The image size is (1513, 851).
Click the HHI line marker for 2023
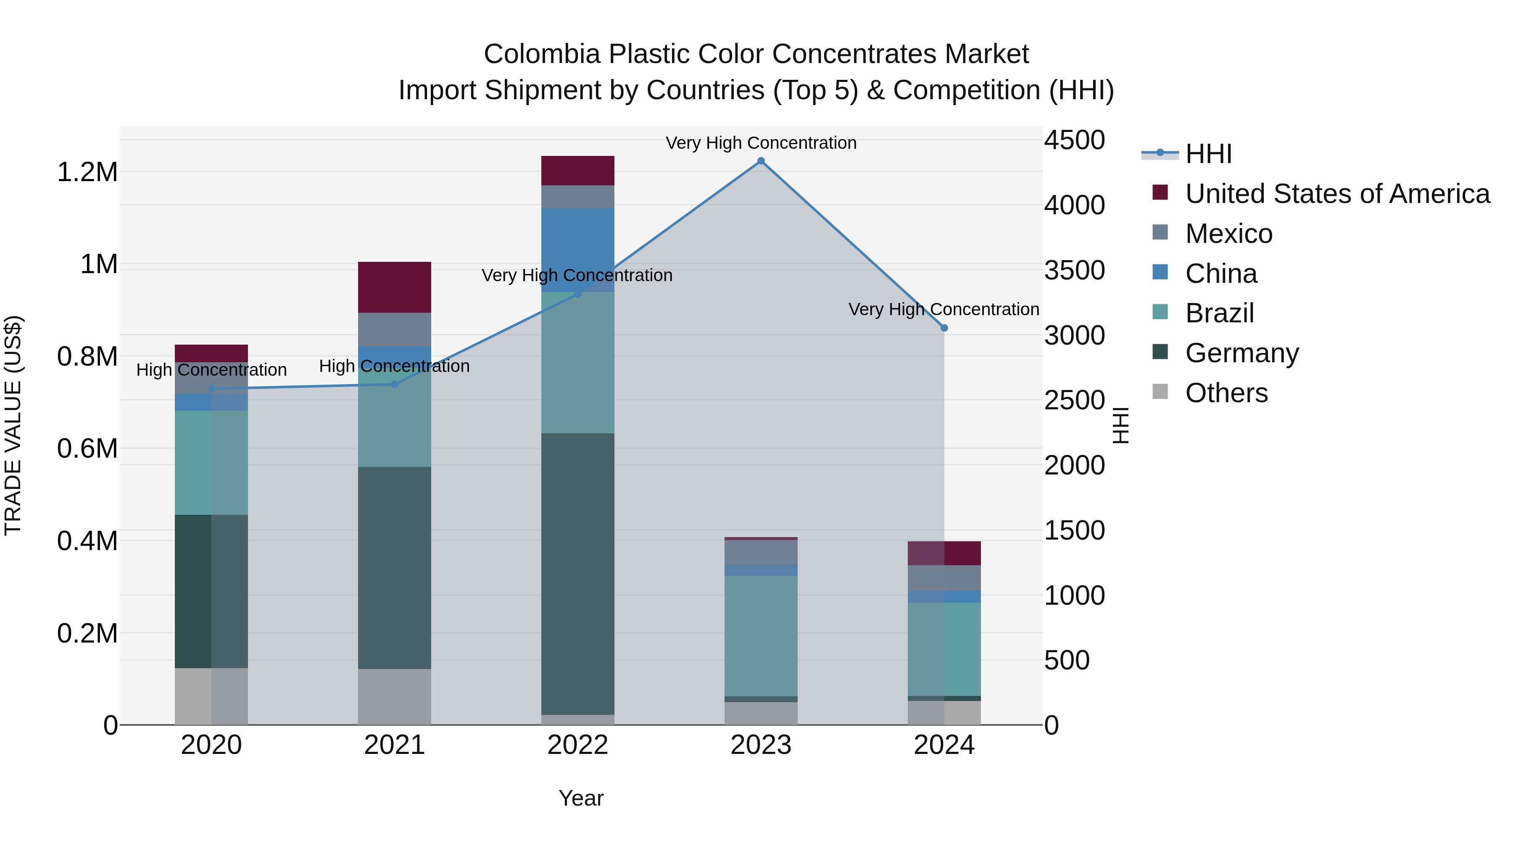coord(761,161)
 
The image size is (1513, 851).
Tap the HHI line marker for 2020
coord(211,389)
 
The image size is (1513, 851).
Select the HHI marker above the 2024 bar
coord(944,328)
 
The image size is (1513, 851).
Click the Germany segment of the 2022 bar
coord(577,573)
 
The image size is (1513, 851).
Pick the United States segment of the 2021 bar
coord(394,287)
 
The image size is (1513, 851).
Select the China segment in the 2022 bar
coord(577,250)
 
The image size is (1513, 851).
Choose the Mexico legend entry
coord(1229,234)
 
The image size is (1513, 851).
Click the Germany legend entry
coord(1242,353)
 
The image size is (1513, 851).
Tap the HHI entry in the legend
coord(1208,154)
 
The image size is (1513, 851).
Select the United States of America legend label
coord(1337,194)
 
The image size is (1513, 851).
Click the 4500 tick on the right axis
coord(1074,140)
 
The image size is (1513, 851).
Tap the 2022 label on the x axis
coord(577,745)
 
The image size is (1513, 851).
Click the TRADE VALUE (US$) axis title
coord(13,425)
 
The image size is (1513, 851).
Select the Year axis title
coord(581,798)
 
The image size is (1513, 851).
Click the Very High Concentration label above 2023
coord(761,143)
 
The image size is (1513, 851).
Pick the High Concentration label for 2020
coord(211,370)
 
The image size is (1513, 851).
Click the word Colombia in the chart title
coord(542,54)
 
